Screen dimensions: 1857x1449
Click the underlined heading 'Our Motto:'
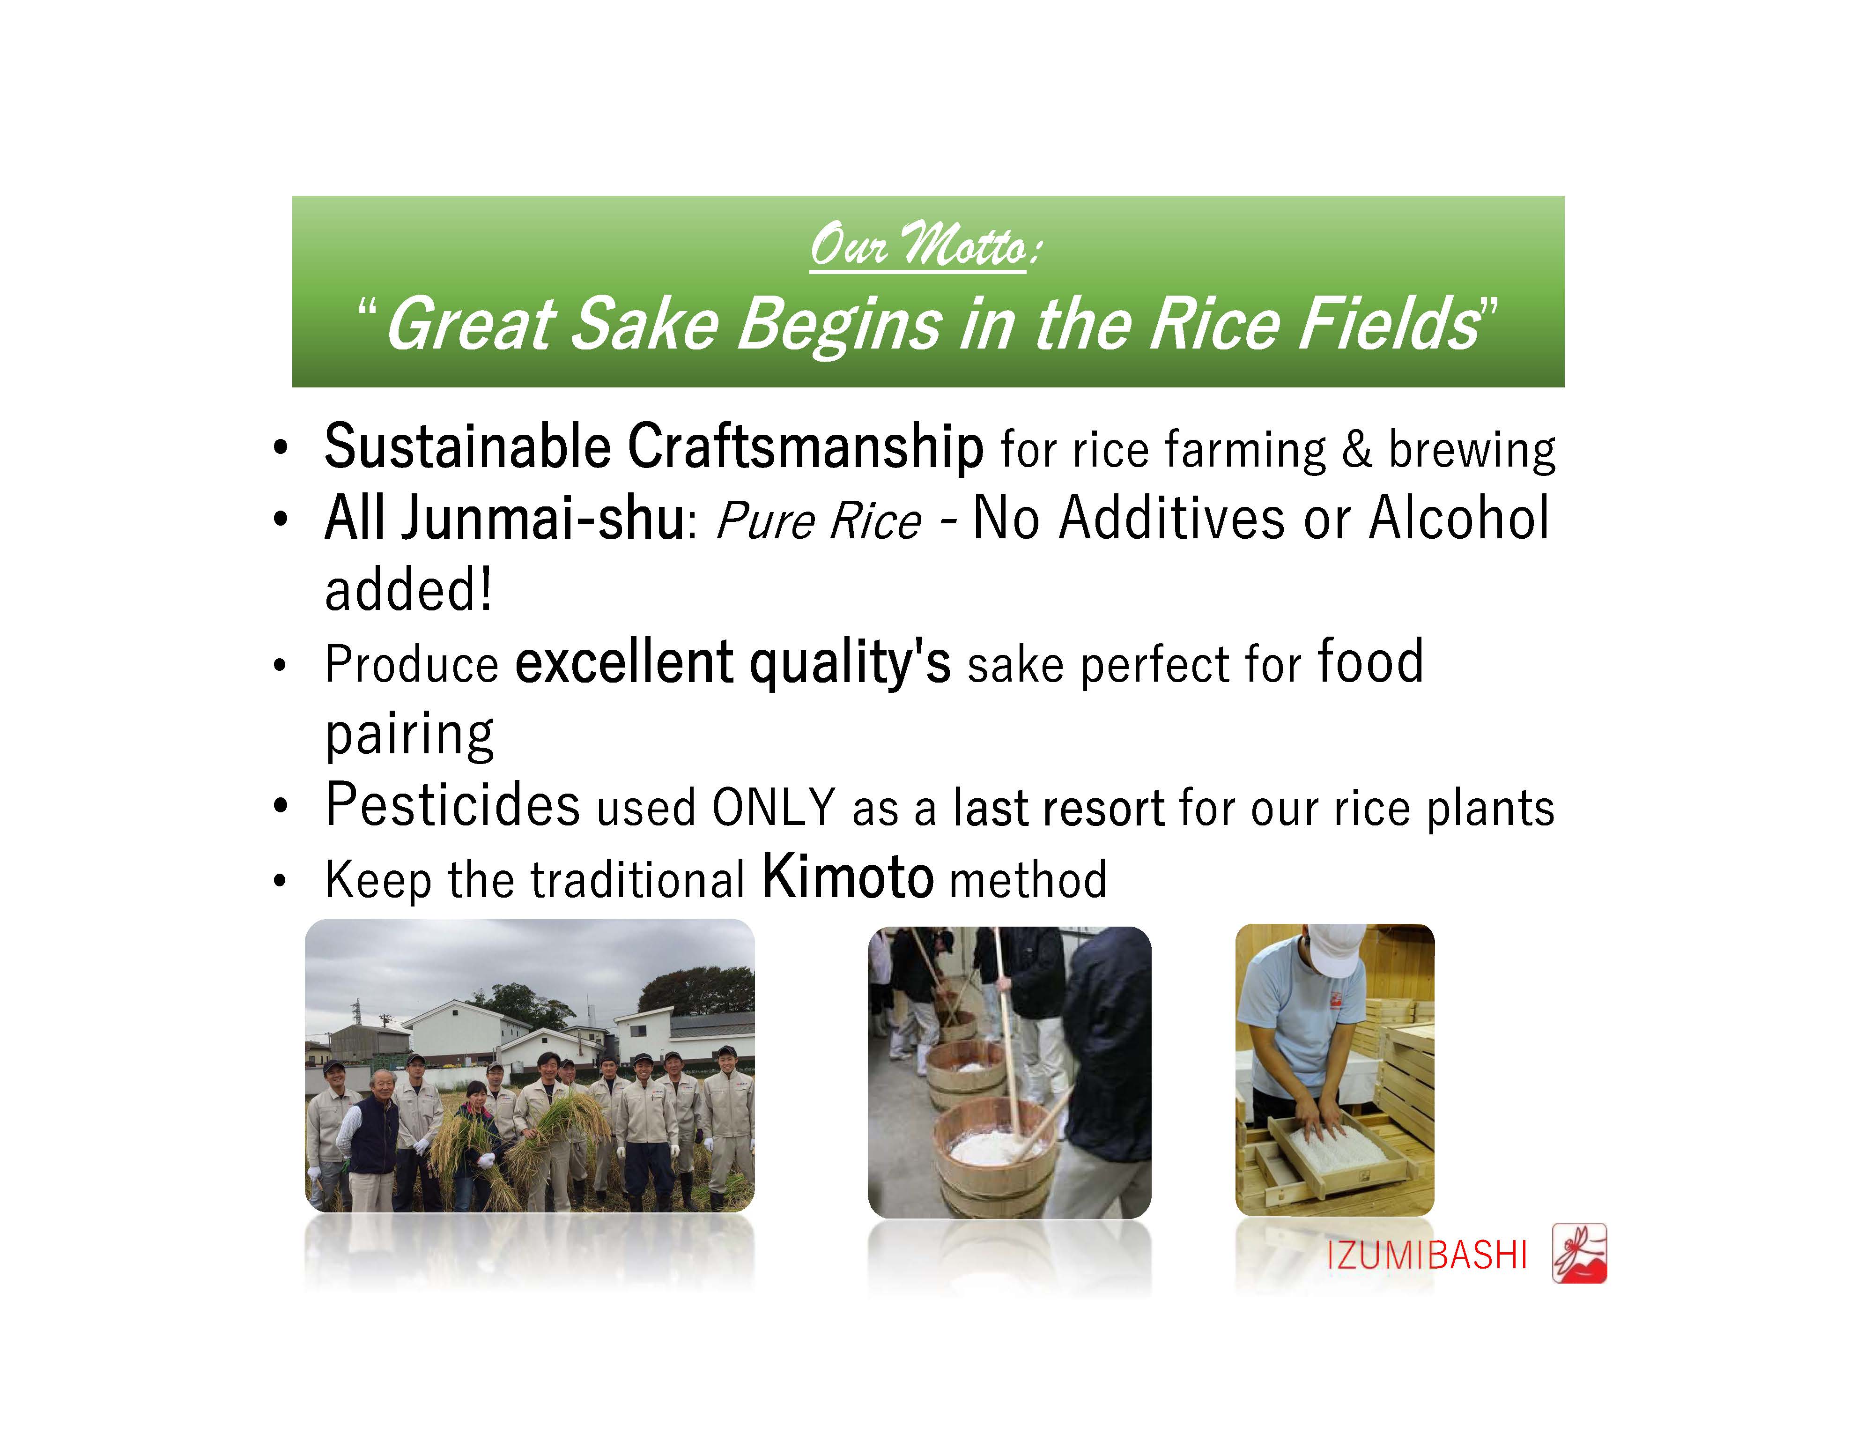925,246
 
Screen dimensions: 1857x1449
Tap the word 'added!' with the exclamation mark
408,590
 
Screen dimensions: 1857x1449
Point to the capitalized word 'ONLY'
774,808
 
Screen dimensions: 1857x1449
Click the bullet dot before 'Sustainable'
281,449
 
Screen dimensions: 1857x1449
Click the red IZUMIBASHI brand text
1427,1256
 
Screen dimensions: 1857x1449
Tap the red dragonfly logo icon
1579,1253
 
